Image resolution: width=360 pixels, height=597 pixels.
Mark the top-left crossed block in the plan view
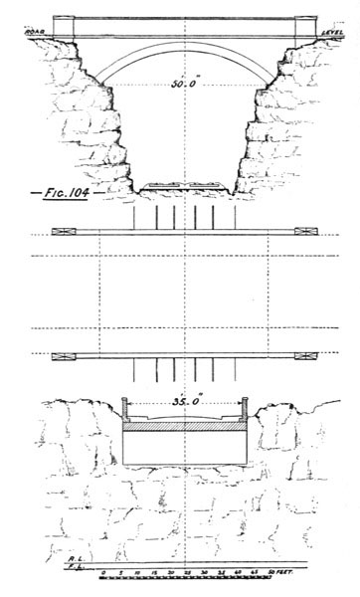tap(61, 232)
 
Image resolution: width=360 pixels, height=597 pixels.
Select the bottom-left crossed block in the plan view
tap(61, 355)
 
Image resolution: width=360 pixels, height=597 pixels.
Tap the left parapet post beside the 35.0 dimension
tap(124, 407)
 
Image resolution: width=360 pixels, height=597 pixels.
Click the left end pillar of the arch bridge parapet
tap(64, 27)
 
